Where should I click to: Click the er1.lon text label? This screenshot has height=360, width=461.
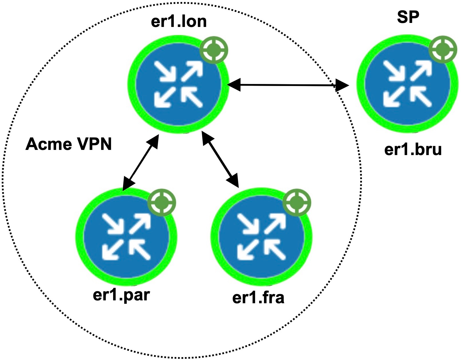tap(179, 21)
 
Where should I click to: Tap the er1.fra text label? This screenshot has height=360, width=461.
tap(258, 297)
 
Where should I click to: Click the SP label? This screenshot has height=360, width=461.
tap(408, 17)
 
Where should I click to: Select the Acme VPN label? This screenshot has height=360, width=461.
tap(69, 144)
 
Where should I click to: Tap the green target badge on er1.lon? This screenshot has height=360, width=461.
tap(214, 50)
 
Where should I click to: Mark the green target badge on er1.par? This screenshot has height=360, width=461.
tap(162, 203)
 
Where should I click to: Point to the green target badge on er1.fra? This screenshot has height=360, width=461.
tap(297, 203)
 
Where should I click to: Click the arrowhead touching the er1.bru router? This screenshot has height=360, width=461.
tap(342, 85)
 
